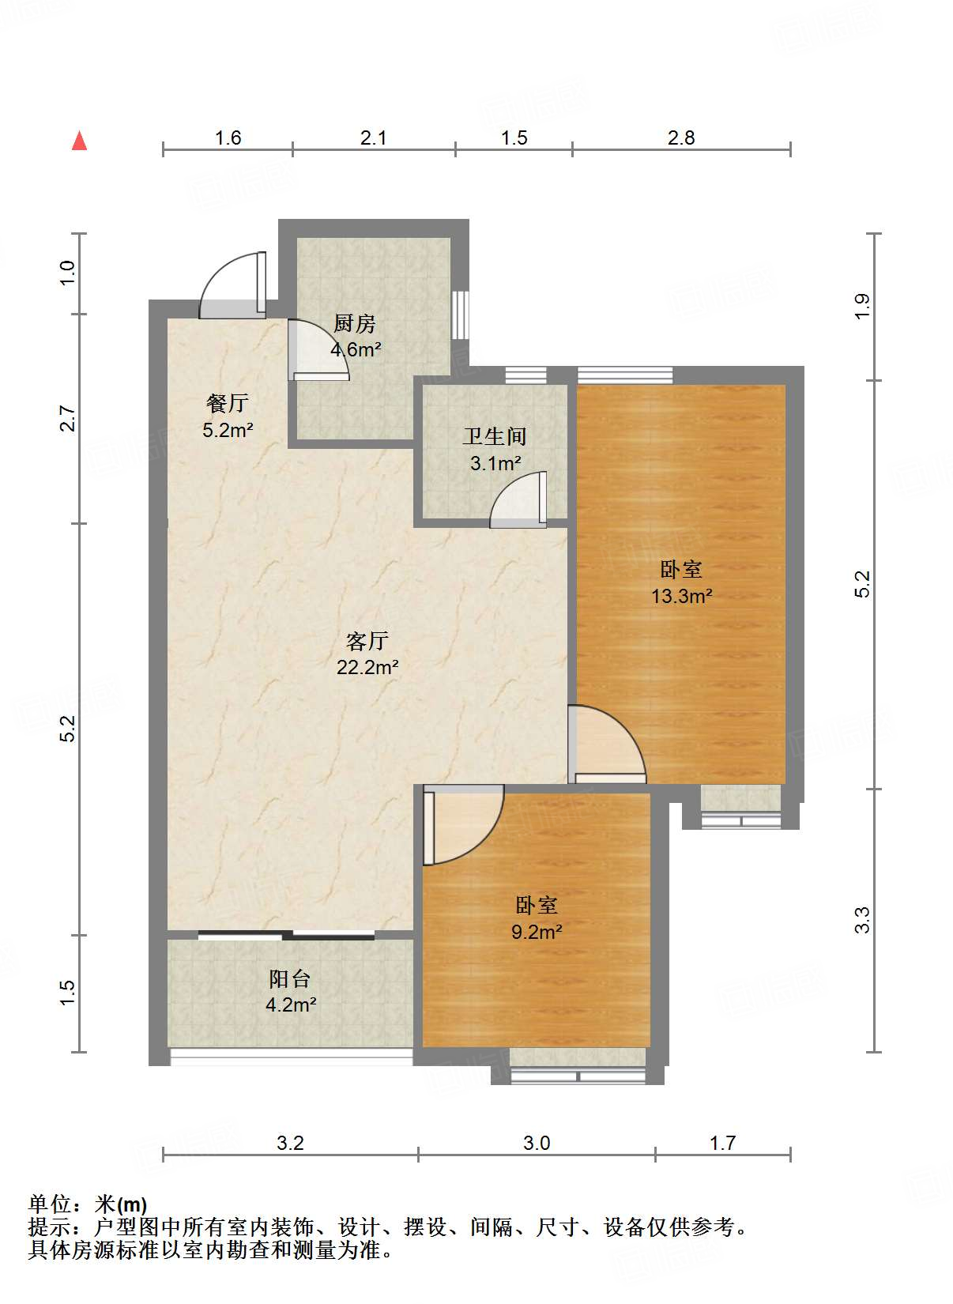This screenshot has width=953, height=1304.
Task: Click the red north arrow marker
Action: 79,141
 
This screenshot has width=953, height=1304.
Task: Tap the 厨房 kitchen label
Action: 354,324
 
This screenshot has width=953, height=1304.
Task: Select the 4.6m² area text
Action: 356,350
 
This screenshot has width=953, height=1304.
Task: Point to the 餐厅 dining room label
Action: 227,403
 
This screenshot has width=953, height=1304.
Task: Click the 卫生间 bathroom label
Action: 495,436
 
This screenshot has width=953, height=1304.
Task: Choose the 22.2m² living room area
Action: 367,667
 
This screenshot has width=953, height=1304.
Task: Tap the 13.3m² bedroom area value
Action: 682,596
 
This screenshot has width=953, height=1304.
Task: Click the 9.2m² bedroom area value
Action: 537,932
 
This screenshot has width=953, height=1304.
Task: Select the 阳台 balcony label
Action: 290,979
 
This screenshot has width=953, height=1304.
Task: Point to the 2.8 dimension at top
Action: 681,138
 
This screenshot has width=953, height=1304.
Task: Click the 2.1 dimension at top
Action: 373,138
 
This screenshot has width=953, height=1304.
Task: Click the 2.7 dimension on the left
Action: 67,419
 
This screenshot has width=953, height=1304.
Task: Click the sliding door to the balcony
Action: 286,936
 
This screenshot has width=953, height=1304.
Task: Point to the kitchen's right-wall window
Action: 461,315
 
